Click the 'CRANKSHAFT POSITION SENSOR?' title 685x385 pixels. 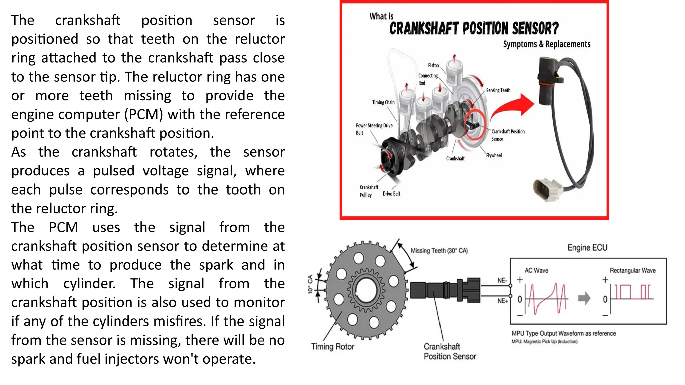(x=474, y=29)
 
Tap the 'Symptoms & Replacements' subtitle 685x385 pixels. (x=547, y=44)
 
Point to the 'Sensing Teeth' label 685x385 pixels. (x=498, y=90)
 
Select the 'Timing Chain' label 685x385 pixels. (x=383, y=102)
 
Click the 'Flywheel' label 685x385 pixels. (x=494, y=155)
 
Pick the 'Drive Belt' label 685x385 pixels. (x=391, y=194)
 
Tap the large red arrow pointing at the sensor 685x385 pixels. (x=513, y=106)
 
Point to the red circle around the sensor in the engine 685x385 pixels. (x=474, y=124)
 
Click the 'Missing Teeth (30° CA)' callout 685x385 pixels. (x=439, y=251)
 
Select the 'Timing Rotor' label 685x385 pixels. (x=332, y=347)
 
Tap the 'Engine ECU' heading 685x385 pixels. (x=587, y=248)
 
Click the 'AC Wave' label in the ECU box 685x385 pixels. (x=536, y=270)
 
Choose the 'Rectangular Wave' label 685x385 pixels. (x=632, y=270)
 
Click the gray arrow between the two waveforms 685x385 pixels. (x=584, y=298)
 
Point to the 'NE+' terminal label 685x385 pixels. (x=502, y=301)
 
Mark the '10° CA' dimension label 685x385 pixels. (x=310, y=284)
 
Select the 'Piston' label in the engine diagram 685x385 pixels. (x=433, y=65)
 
